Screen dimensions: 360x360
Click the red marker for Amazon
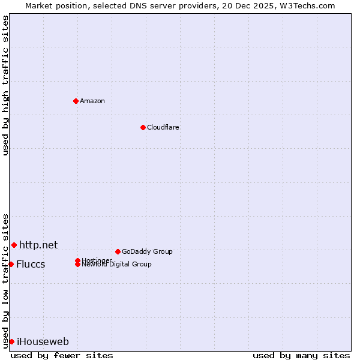(76, 101)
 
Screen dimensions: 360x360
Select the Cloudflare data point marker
(143, 127)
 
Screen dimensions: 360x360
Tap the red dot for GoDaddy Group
(118, 251)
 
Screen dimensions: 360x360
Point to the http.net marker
(14, 245)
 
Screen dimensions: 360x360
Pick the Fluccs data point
(11, 264)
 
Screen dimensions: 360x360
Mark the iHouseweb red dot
(11, 341)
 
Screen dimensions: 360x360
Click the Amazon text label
(92, 101)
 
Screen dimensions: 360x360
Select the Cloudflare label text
(163, 127)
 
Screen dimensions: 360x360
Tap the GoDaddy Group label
(147, 251)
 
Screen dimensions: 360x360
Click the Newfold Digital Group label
(116, 265)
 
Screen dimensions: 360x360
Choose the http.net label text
(38, 245)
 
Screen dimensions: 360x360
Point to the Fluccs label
(31, 265)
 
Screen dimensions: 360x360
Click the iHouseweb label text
(43, 342)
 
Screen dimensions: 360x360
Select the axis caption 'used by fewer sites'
(62, 356)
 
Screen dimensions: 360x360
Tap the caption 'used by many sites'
(301, 356)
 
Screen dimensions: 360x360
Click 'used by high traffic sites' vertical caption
(5, 86)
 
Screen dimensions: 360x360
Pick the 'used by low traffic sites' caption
(5, 280)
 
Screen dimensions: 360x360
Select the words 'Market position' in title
(52, 5)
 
